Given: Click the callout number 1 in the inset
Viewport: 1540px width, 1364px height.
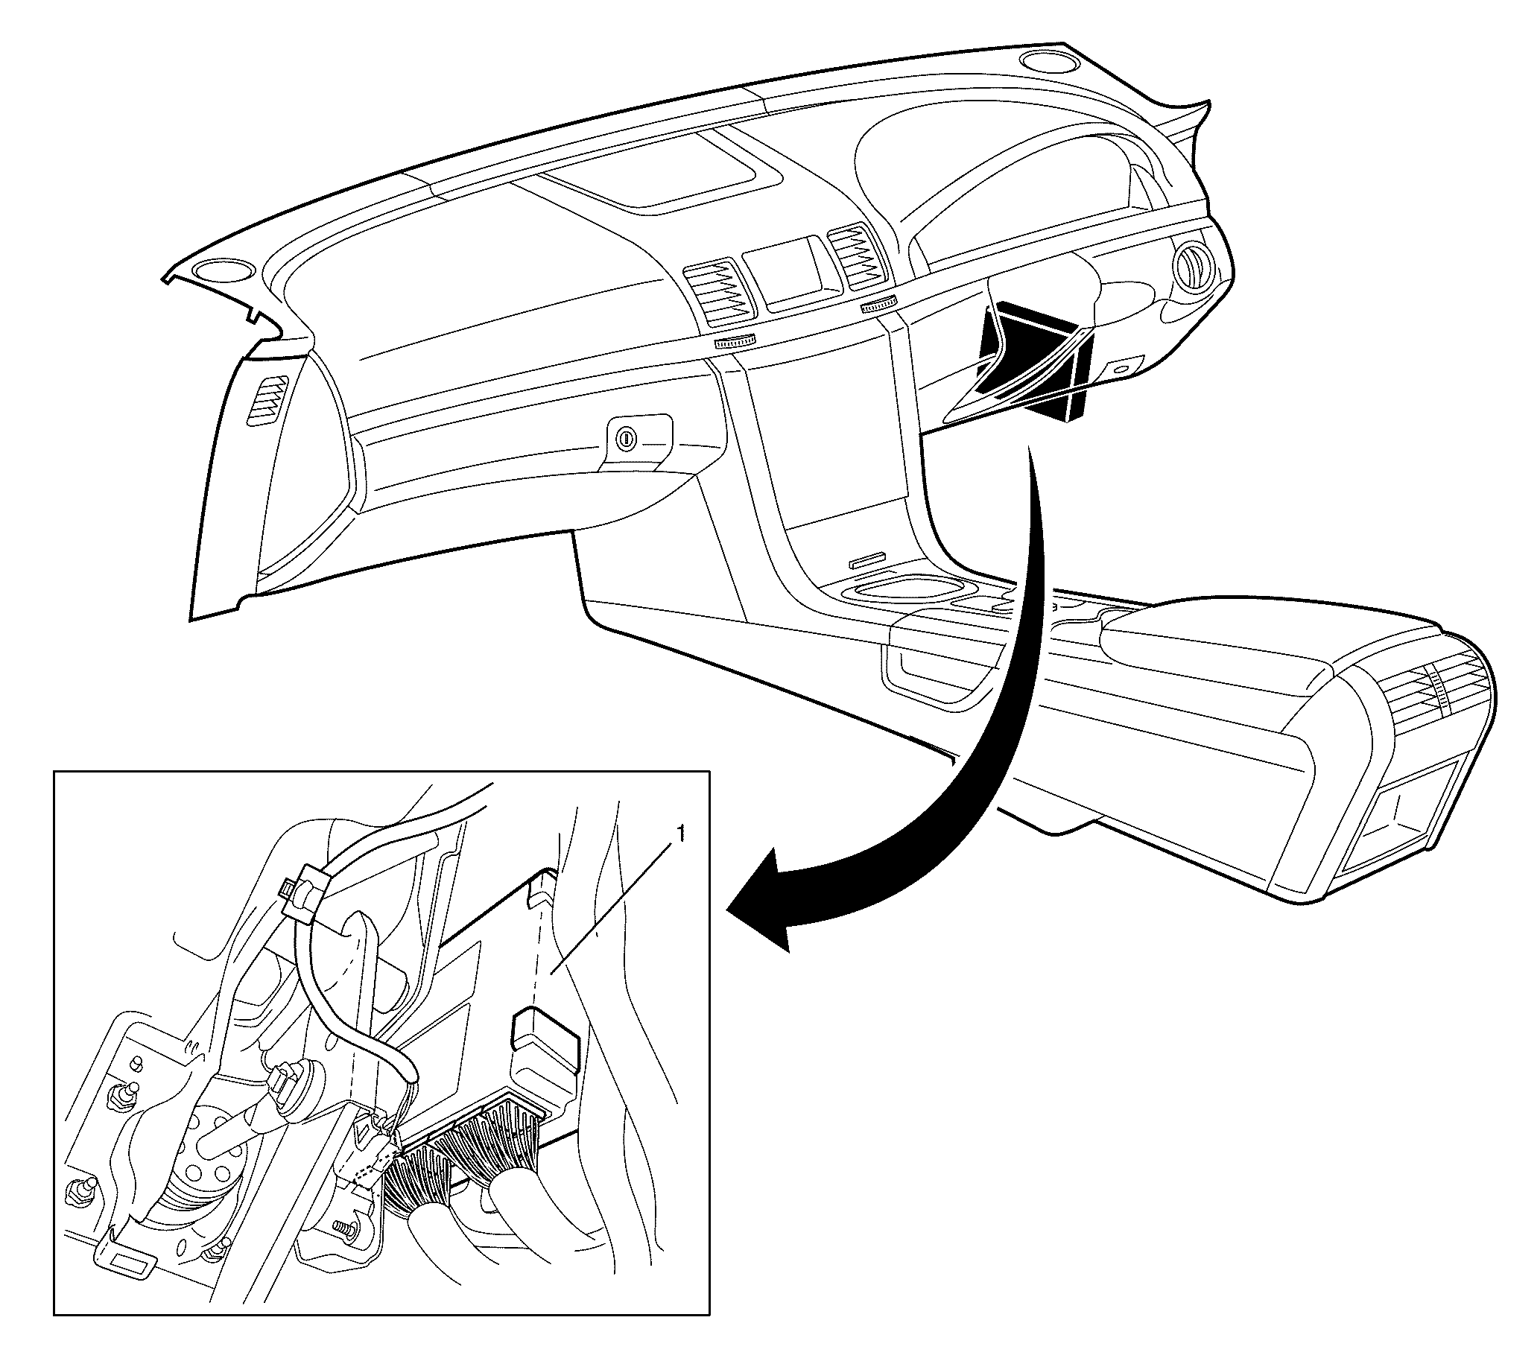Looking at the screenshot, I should (682, 834).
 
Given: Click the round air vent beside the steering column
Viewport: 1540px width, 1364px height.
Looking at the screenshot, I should (1193, 266).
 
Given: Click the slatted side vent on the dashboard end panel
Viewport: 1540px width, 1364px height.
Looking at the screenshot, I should (270, 404).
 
